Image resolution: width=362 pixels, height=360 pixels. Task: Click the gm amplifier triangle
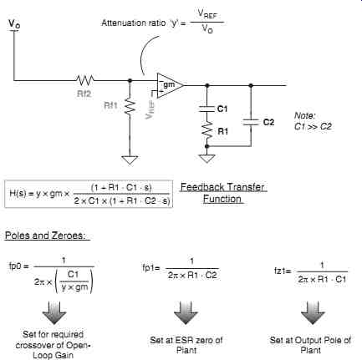click(x=170, y=85)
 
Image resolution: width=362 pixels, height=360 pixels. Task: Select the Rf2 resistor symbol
click(x=85, y=80)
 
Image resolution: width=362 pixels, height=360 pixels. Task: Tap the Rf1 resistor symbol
click(x=130, y=106)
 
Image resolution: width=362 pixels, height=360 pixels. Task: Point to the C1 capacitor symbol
click(x=206, y=109)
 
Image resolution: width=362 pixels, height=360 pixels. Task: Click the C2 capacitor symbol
click(x=251, y=122)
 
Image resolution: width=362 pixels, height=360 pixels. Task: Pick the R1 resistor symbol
click(x=206, y=129)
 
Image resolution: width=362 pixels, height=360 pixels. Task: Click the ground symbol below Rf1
click(x=130, y=160)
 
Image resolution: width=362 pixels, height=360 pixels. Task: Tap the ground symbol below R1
click(x=206, y=159)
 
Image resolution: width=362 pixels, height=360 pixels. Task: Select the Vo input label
click(x=14, y=23)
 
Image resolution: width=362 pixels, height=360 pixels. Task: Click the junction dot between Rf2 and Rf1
click(x=130, y=80)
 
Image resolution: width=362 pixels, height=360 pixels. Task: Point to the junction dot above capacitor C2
click(x=251, y=85)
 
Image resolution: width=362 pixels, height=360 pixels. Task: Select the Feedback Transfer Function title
click(x=222, y=193)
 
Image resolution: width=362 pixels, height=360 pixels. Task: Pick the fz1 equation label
click(x=282, y=271)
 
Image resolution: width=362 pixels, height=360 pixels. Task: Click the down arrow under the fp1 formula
click(x=186, y=312)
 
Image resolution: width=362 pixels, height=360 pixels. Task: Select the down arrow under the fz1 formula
click(x=313, y=312)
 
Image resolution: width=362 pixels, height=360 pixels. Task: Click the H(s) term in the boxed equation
click(x=18, y=193)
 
